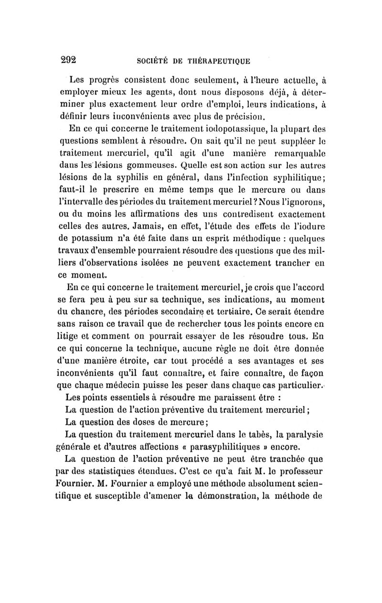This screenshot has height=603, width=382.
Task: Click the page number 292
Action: point(68,60)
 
